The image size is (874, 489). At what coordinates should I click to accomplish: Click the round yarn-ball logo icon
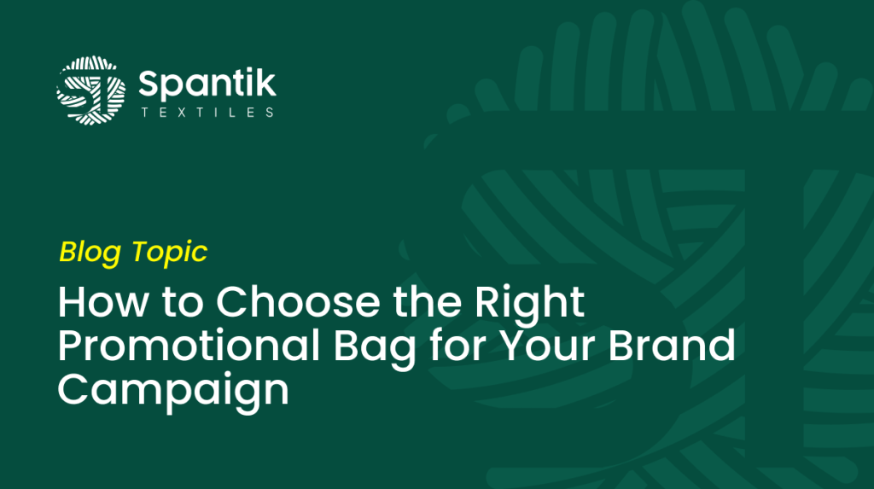point(90,90)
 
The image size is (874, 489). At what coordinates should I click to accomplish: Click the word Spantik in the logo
point(207,84)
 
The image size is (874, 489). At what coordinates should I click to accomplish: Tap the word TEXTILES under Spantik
point(207,113)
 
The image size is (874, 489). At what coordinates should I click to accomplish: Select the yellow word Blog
point(90,252)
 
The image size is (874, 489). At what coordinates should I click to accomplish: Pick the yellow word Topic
point(170,252)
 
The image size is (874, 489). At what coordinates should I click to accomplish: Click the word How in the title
point(103,301)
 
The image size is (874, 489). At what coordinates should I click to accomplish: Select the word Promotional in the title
point(189,346)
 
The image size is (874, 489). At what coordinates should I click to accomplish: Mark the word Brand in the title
point(672,346)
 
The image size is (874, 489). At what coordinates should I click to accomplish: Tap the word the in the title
point(428,301)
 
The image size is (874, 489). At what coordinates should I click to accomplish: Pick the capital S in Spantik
point(149,84)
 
